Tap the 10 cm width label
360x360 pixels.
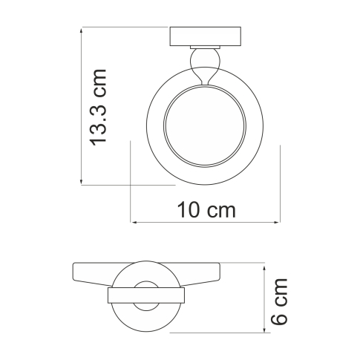pos(206,210)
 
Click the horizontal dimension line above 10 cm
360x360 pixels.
pos(206,221)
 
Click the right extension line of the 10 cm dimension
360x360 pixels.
pos(279,182)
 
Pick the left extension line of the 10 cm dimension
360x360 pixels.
pos(131,182)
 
